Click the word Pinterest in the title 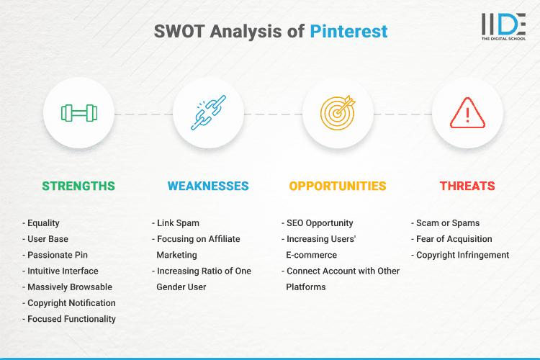click(348, 32)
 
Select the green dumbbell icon click(78, 113)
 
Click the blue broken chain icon click(208, 113)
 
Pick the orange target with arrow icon click(338, 113)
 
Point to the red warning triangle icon click(467, 113)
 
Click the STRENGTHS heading click(78, 186)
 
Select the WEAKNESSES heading click(208, 186)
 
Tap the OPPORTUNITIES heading click(338, 186)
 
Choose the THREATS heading click(467, 186)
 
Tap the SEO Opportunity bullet click(320, 223)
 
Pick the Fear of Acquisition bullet click(454, 239)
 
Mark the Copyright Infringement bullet click(462, 255)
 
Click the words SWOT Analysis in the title click(230, 32)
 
